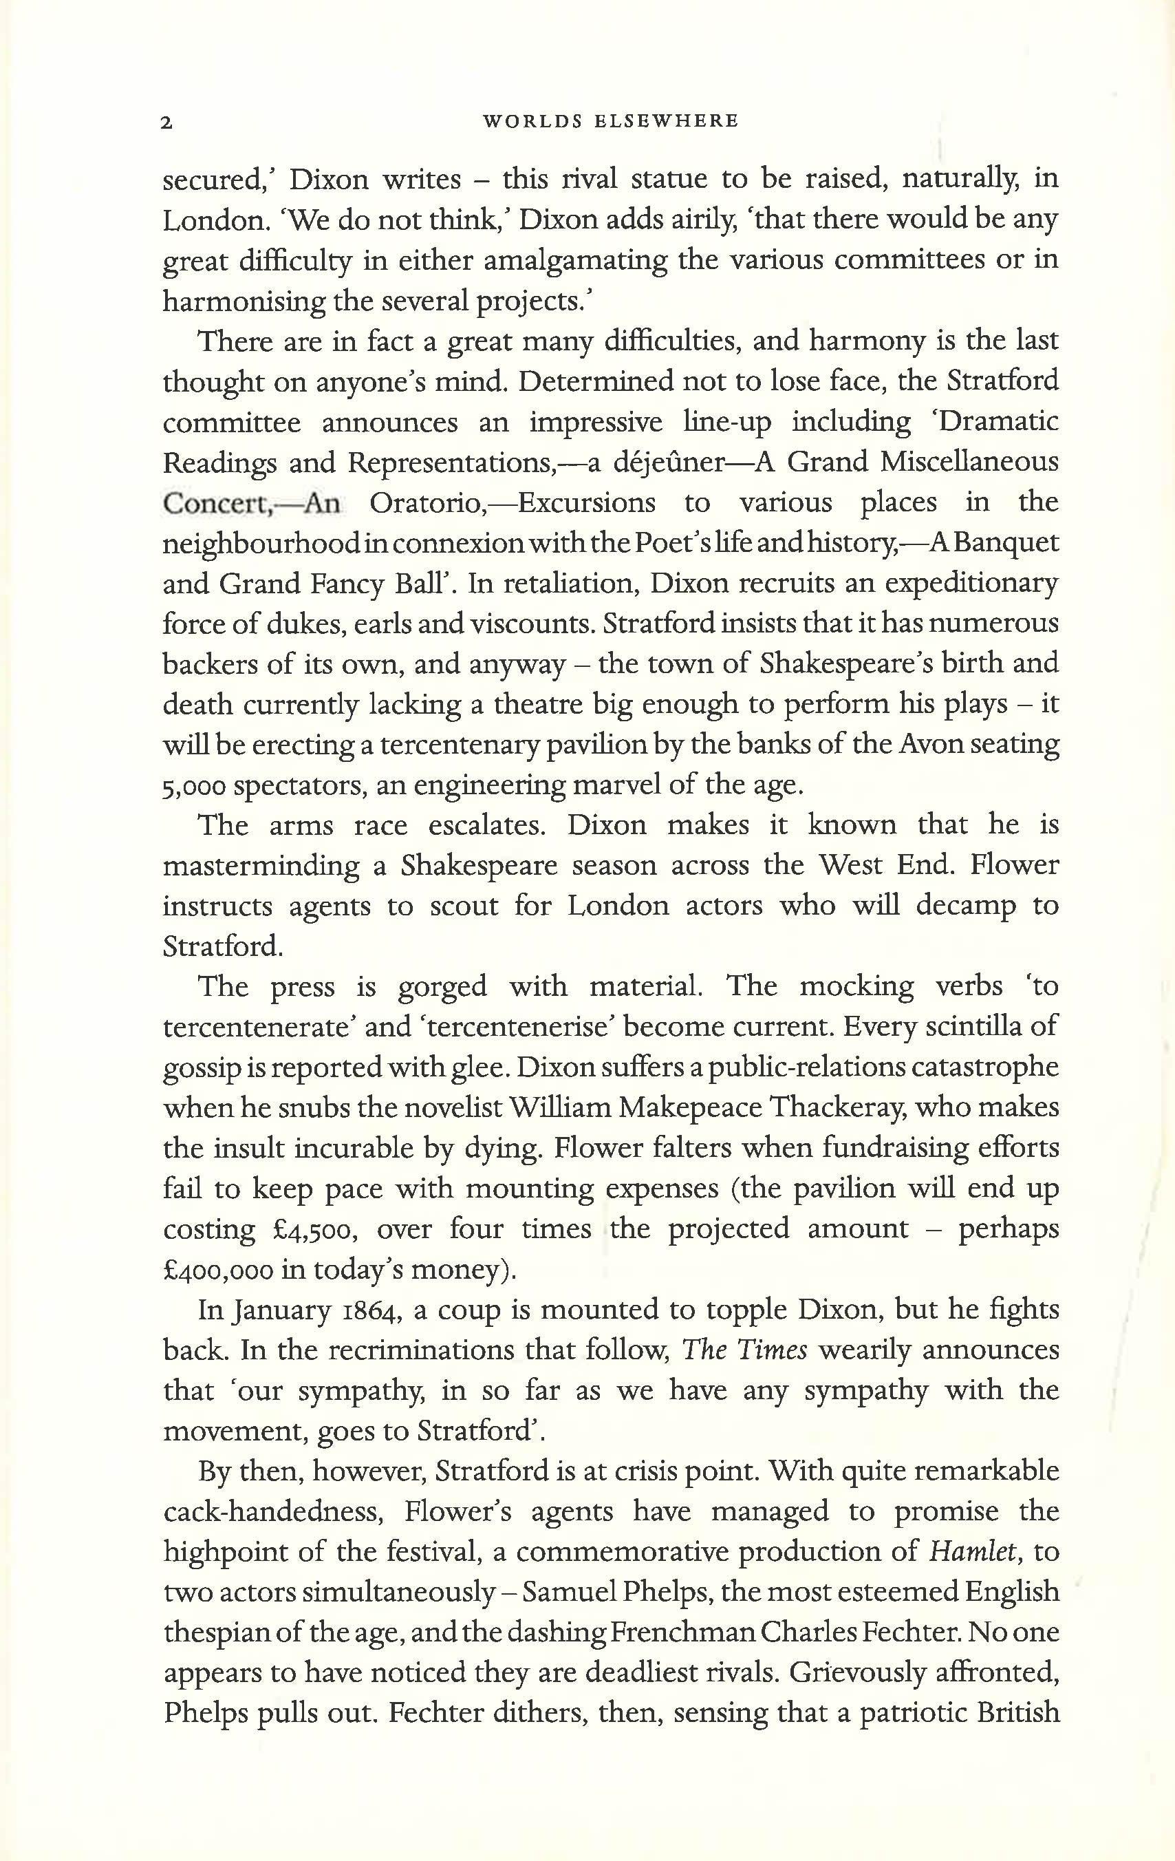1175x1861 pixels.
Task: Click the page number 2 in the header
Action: [166, 122]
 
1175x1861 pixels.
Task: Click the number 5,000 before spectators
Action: [194, 786]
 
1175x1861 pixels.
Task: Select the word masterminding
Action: [260, 866]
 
